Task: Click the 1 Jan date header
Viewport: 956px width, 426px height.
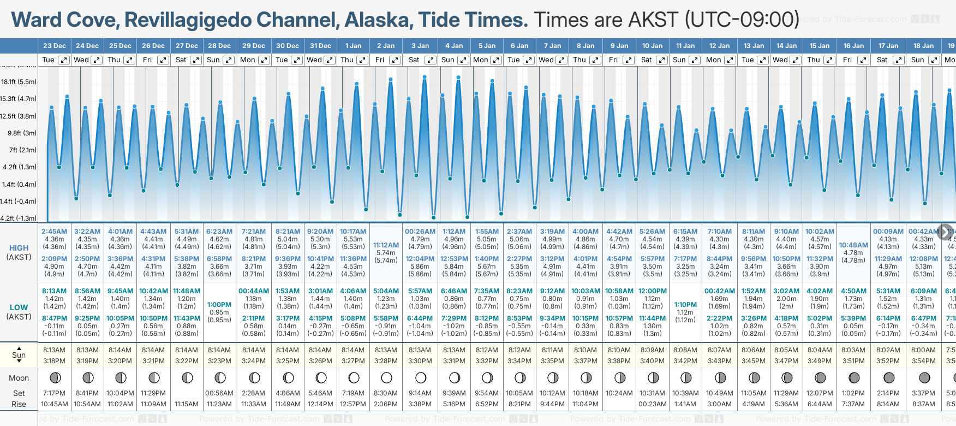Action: pos(353,46)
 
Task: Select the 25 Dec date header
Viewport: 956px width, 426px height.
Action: pos(120,46)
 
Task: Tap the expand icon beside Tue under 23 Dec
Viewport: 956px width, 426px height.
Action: pos(64,60)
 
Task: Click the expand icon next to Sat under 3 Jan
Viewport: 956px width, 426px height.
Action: pos(430,60)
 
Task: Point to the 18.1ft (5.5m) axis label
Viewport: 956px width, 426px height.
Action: pos(19,82)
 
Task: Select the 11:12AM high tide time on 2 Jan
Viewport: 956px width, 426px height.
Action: pos(386,245)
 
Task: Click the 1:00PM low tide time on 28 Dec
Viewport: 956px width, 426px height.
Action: pos(219,305)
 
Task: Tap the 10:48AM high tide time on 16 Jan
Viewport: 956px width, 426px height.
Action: pos(853,245)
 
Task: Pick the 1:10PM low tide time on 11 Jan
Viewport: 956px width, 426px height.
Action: pos(685,305)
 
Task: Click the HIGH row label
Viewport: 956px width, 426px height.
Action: pos(19,248)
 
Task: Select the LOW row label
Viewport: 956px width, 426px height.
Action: pos(19,307)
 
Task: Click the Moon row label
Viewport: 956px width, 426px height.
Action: pos(19,378)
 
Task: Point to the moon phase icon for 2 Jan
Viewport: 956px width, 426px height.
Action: pos(387,377)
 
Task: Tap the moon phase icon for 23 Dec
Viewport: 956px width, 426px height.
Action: pos(55,377)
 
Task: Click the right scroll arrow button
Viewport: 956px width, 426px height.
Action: pos(945,232)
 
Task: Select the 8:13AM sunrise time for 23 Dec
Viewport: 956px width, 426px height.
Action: pos(54,350)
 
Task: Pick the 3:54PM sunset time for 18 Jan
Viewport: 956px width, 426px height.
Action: pos(924,361)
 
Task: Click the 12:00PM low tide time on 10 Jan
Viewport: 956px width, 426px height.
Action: pos(652,291)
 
